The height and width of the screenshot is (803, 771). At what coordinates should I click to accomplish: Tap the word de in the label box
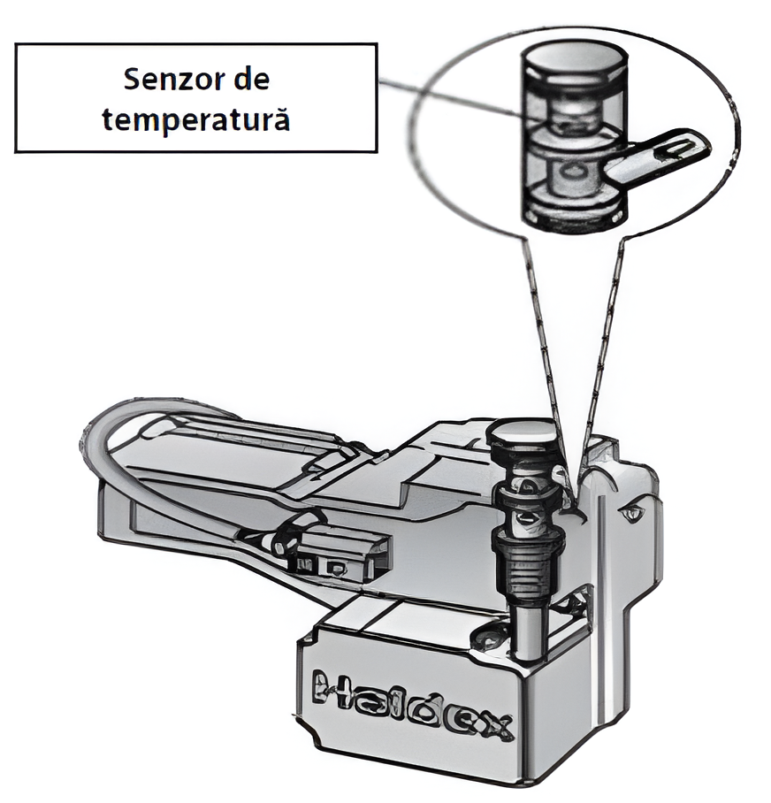click(x=252, y=80)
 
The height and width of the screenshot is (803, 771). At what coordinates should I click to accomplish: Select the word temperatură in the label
click(x=196, y=120)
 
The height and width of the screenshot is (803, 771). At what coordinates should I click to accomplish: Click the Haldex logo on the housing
click(x=413, y=706)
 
